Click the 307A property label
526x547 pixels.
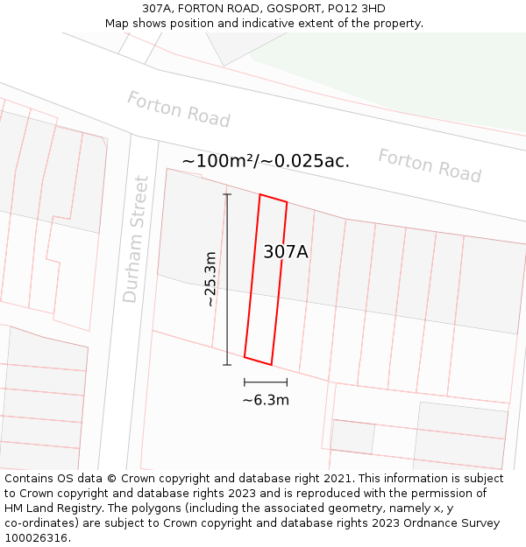coord(286,252)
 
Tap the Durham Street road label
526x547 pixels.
coord(136,239)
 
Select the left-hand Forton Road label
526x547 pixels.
coord(178,109)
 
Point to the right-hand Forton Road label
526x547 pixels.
coord(430,165)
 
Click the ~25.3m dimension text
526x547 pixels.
coord(210,279)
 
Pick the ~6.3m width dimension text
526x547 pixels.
coord(266,401)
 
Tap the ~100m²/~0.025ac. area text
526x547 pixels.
coord(266,161)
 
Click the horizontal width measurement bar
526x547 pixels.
coord(266,382)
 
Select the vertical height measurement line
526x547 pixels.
coord(227,279)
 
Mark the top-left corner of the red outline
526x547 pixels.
coord(260,195)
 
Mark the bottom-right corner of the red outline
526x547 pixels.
coord(271,364)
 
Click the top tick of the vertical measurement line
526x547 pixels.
coord(227,194)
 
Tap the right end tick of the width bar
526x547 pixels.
coord(287,382)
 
